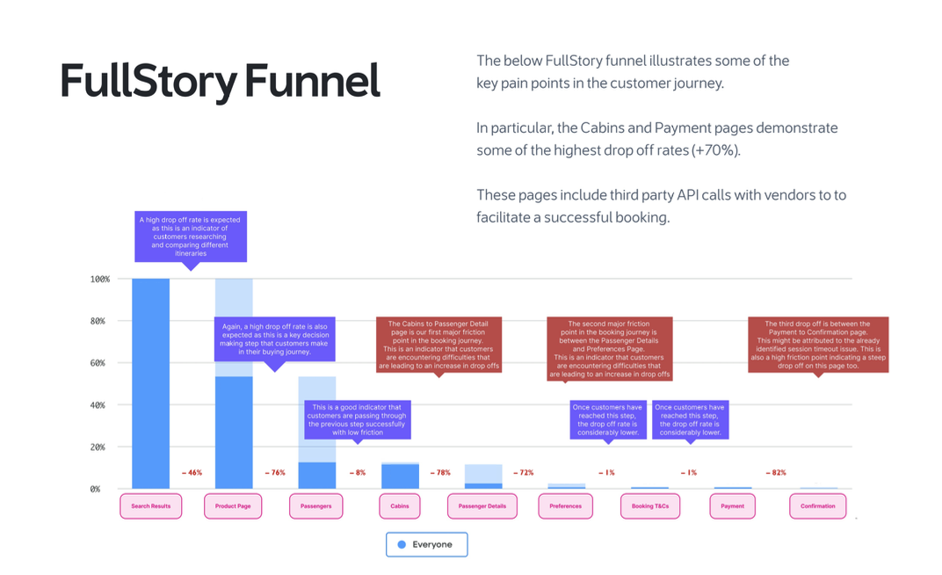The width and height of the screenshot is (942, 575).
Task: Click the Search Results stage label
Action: point(150,506)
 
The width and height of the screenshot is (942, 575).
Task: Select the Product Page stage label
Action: point(233,506)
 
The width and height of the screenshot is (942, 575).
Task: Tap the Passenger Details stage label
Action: point(482,506)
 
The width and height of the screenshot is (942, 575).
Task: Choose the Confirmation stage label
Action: point(817,506)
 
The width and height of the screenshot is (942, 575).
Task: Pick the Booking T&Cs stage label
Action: point(649,506)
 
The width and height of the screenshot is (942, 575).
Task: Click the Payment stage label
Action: point(732,506)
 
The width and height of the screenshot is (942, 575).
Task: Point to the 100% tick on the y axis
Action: point(100,280)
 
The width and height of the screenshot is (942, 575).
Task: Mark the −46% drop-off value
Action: point(192,473)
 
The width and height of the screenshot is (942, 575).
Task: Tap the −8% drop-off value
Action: point(358,473)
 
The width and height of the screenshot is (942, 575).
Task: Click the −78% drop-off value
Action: point(439,473)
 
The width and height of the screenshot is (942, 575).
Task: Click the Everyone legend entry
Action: point(426,544)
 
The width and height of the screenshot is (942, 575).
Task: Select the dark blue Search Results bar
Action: point(150,387)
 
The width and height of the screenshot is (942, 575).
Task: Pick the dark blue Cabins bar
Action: point(400,477)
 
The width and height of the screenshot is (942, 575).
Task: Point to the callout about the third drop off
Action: point(818,344)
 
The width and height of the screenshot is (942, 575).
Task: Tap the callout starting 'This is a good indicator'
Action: point(358,419)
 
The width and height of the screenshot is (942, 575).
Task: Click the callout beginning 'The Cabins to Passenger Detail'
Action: point(438,344)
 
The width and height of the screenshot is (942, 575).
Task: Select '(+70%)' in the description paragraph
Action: point(716,150)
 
